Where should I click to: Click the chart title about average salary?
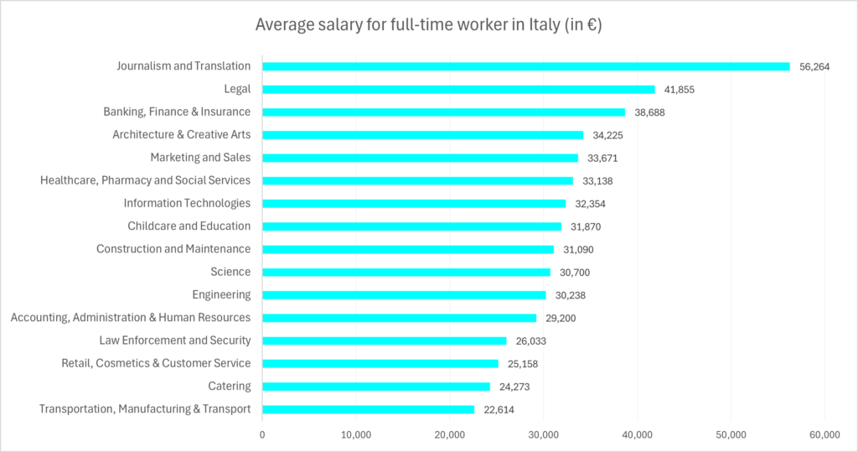pos(428,25)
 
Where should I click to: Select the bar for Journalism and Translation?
pos(526,66)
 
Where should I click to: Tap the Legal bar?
pos(458,89)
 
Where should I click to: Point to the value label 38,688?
pos(649,112)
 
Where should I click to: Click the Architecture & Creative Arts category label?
pos(182,134)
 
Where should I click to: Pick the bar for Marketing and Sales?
pos(420,158)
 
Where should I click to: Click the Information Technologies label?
pos(187,203)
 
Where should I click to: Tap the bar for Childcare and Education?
pos(411,226)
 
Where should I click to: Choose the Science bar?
pos(406,272)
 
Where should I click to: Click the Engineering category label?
pos(221,294)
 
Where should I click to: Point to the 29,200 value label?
pos(561,318)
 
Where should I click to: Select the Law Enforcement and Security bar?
pos(385,340)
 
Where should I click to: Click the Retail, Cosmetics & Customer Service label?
pos(156,363)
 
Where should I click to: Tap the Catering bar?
pos(376,387)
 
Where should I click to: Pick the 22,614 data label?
pos(499,410)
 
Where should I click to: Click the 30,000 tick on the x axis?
pos(544,434)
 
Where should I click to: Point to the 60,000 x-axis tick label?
pos(824,434)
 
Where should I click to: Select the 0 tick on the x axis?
pos(262,434)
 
